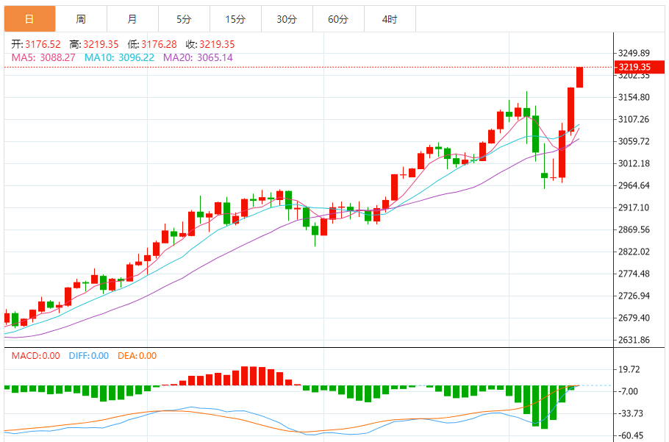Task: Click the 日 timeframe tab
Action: tap(29, 19)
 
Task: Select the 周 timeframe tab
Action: tap(80, 19)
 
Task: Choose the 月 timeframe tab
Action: tap(132, 19)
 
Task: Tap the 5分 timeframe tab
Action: tap(183, 19)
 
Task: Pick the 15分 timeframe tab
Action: tap(235, 19)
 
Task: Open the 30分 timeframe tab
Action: tap(286, 19)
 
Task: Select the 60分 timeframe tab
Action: tap(337, 19)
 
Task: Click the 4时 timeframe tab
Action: tap(389, 19)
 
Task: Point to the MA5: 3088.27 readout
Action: tap(43, 57)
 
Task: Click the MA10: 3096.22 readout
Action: tap(119, 57)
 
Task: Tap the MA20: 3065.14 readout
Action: tap(198, 57)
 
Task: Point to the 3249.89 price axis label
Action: tap(634, 54)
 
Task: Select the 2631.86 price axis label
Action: tap(634, 340)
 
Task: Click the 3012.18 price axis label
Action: tap(634, 163)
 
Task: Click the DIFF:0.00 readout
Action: tap(88, 356)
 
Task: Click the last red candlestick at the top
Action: tap(579, 77)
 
